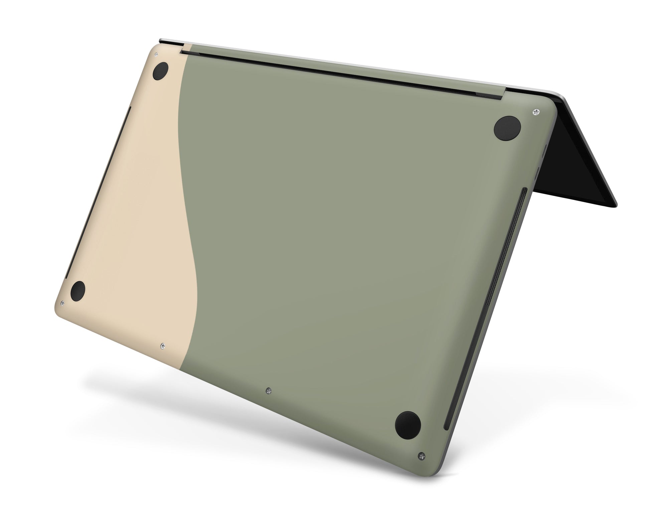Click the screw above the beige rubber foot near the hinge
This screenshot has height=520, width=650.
point(156,55)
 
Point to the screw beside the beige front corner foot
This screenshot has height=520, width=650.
point(62,303)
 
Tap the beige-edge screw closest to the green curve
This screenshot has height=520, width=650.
point(162,346)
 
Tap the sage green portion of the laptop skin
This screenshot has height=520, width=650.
point(334,234)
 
